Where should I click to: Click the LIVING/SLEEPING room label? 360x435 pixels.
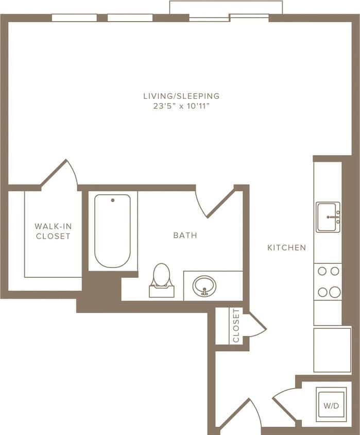[181, 96]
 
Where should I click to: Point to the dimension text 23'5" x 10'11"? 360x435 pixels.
[181, 106]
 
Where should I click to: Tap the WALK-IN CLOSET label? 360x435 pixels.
[53, 231]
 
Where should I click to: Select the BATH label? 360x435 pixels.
[185, 235]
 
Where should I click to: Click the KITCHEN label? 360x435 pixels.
[286, 247]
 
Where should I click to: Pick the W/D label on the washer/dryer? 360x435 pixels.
[331, 406]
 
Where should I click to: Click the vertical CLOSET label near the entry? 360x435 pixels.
[236, 326]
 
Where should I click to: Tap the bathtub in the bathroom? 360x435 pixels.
[112, 231]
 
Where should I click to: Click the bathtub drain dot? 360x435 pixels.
[112, 200]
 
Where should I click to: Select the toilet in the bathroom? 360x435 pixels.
[162, 280]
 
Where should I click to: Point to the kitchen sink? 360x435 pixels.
[328, 217]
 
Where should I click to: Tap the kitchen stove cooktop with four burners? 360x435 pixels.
[328, 281]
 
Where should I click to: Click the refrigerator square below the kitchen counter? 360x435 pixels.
[332, 349]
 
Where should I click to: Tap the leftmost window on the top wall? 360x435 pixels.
[74, 18]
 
